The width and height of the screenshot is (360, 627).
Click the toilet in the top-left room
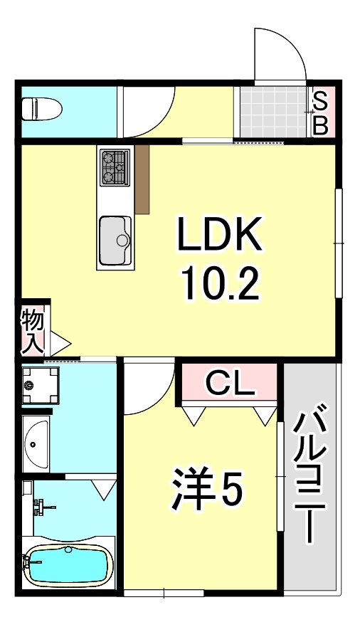pyautogui.click(x=41, y=110)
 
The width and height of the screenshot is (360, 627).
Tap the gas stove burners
pyautogui.click(x=114, y=167)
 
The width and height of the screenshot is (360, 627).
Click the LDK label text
pyautogui.click(x=220, y=236)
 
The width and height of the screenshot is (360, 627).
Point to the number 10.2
pyautogui.click(x=220, y=284)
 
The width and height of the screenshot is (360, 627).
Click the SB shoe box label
pyautogui.click(x=320, y=112)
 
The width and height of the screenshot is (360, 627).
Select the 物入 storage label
pyautogui.click(x=33, y=330)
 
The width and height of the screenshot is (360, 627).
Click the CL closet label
pyautogui.click(x=229, y=385)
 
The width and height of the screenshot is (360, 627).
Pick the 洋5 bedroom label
pyautogui.click(x=207, y=490)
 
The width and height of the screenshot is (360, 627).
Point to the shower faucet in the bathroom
pyautogui.click(x=43, y=507)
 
